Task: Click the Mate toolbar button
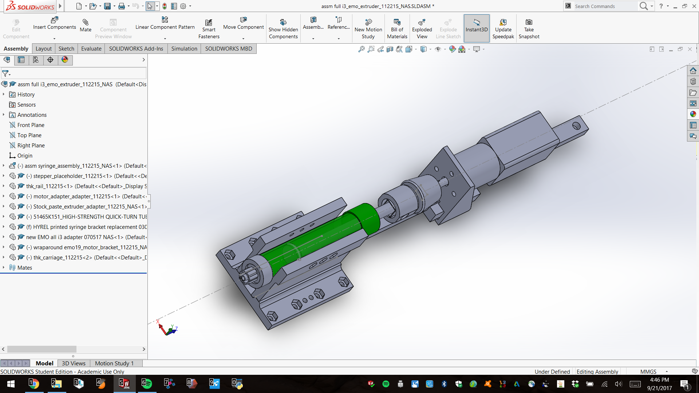pyautogui.click(x=86, y=25)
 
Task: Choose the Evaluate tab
pyautogui.click(x=91, y=49)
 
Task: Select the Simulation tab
pyautogui.click(x=184, y=49)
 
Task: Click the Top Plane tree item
pyautogui.click(x=29, y=135)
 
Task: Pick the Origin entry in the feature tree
pyautogui.click(x=25, y=156)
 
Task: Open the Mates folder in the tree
pyautogui.click(x=24, y=268)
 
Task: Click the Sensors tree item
pyautogui.click(x=26, y=105)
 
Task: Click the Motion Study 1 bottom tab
pyautogui.click(x=114, y=363)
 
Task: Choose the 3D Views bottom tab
pyautogui.click(x=74, y=363)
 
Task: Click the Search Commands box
pyautogui.click(x=604, y=6)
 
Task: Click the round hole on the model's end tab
pyautogui.click(x=576, y=126)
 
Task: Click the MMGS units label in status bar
pyautogui.click(x=648, y=372)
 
